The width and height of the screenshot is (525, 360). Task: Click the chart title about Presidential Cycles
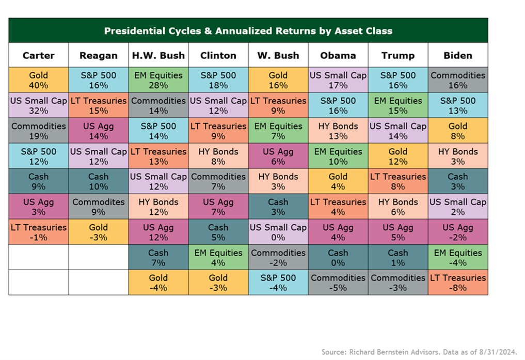pyautogui.click(x=248, y=31)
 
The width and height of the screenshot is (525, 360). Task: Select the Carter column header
pyautogui.click(x=39, y=55)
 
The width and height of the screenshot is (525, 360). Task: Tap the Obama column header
pyautogui.click(x=338, y=55)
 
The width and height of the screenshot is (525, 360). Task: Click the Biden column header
pyautogui.click(x=458, y=55)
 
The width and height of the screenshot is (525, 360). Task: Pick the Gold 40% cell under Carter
pyautogui.click(x=39, y=80)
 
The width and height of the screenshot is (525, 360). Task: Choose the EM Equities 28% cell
pyautogui.click(x=158, y=80)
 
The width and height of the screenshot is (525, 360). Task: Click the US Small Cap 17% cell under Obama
pyautogui.click(x=338, y=80)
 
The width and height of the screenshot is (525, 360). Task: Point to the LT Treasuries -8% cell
pyautogui.click(x=458, y=283)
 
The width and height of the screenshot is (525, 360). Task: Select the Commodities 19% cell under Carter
pyautogui.click(x=39, y=131)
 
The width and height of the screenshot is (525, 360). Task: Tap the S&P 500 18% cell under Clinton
pyautogui.click(x=218, y=80)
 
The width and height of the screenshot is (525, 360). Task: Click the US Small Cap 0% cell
pyautogui.click(x=278, y=232)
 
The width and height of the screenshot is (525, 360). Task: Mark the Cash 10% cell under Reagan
pyautogui.click(x=99, y=181)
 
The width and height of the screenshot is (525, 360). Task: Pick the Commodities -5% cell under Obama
pyautogui.click(x=338, y=283)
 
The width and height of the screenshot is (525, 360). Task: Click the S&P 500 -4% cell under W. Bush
pyautogui.click(x=278, y=283)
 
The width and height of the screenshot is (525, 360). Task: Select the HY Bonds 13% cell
pyautogui.click(x=338, y=131)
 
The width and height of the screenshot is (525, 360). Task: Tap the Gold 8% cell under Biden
pyautogui.click(x=458, y=131)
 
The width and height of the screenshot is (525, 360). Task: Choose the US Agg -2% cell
pyautogui.click(x=458, y=232)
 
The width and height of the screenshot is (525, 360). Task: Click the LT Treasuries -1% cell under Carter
pyautogui.click(x=39, y=232)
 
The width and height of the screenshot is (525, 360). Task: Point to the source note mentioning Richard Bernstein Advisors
pyautogui.click(x=419, y=352)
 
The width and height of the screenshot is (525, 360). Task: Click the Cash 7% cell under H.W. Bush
pyautogui.click(x=158, y=258)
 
